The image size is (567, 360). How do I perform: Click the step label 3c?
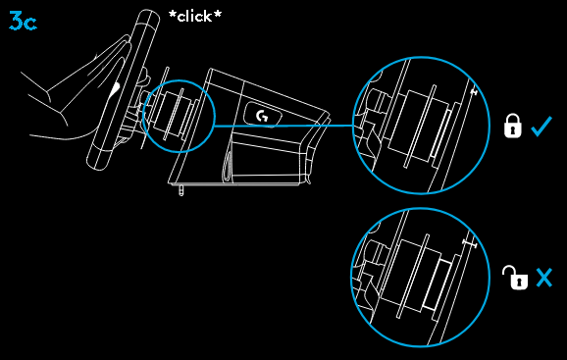22,21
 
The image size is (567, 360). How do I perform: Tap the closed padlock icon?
512,127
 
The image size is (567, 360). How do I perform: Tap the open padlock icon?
514,278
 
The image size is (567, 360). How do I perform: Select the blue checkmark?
541,126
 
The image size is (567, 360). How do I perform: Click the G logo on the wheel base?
263,116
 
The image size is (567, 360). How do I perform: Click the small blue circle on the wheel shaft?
178,115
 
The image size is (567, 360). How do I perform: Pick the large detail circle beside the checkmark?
422,126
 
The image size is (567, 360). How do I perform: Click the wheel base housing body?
255,147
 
